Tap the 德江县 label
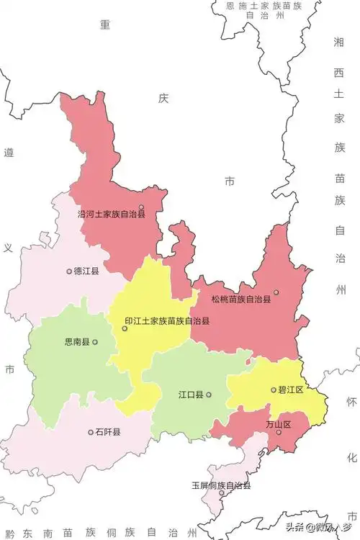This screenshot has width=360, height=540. (86, 271)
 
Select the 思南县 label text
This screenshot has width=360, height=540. (76, 342)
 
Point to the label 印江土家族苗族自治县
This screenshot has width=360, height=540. (167, 321)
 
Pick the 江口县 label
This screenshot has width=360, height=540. (191, 395)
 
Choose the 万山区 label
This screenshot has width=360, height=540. (278, 425)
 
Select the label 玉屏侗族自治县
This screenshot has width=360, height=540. (221, 486)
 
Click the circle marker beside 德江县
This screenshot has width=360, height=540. (69, 271)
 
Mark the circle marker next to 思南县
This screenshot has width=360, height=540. (94, 342)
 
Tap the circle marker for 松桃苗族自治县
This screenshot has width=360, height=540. (276, 292)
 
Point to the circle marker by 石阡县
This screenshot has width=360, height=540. (91, 432)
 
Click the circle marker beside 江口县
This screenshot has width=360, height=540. (209, 395)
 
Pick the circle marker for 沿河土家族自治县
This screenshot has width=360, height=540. (141, 207)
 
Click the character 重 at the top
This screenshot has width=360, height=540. (105, 24)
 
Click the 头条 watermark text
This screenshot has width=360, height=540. (297, 526)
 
